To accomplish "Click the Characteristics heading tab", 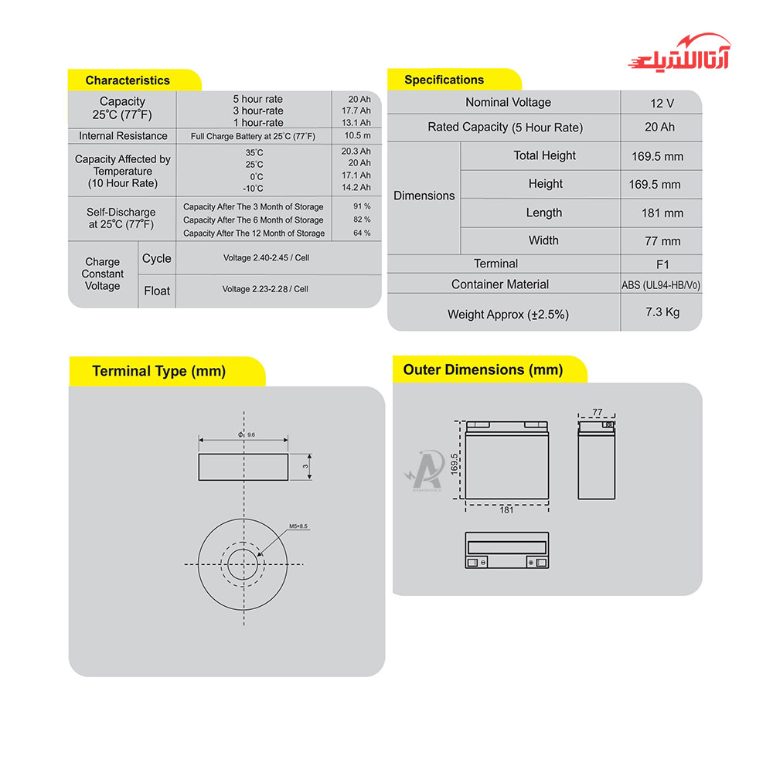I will coord(128,80).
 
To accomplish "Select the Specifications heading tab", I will coord(444,80).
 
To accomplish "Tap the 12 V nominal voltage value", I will coord(662,103).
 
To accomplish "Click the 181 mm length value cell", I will coord(662,213).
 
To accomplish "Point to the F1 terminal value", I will coord(662,264).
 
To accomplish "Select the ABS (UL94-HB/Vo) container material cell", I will coord(662,285).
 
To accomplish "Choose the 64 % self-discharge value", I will coord(362,233).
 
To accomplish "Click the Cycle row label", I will coord(157,259).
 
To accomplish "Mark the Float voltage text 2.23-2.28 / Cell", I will coord(265,289).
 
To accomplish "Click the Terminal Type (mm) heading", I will coord(158,371).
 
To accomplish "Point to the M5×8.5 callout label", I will coord(298,526).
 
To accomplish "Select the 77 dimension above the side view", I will coord(597,413).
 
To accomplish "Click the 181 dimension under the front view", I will coord(506,510).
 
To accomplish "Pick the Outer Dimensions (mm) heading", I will coord(483,369).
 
